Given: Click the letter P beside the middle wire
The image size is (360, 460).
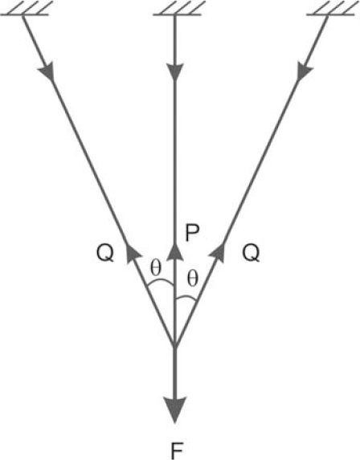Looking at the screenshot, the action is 192,234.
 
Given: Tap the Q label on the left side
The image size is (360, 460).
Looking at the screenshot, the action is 105,253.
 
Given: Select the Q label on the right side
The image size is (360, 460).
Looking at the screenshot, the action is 251,253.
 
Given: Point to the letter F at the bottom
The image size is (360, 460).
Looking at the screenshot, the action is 177,451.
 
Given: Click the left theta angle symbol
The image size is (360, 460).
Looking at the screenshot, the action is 156,267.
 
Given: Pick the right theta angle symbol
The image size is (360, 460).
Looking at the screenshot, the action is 193,279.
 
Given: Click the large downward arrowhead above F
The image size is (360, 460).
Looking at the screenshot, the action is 175,409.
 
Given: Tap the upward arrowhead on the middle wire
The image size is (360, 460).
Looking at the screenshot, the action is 175,252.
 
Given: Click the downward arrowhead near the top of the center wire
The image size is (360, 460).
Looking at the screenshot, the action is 175,72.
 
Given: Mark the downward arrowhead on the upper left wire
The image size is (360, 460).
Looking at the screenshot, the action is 47,71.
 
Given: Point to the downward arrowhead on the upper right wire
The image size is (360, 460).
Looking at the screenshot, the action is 305,71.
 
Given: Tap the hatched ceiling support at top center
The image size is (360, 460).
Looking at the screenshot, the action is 178,8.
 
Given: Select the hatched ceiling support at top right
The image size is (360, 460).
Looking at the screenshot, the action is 331,8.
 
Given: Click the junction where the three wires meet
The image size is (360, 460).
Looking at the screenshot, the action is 175,345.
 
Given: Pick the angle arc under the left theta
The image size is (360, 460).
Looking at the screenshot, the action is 160,281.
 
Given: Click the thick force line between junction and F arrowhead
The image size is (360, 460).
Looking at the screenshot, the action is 175,371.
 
